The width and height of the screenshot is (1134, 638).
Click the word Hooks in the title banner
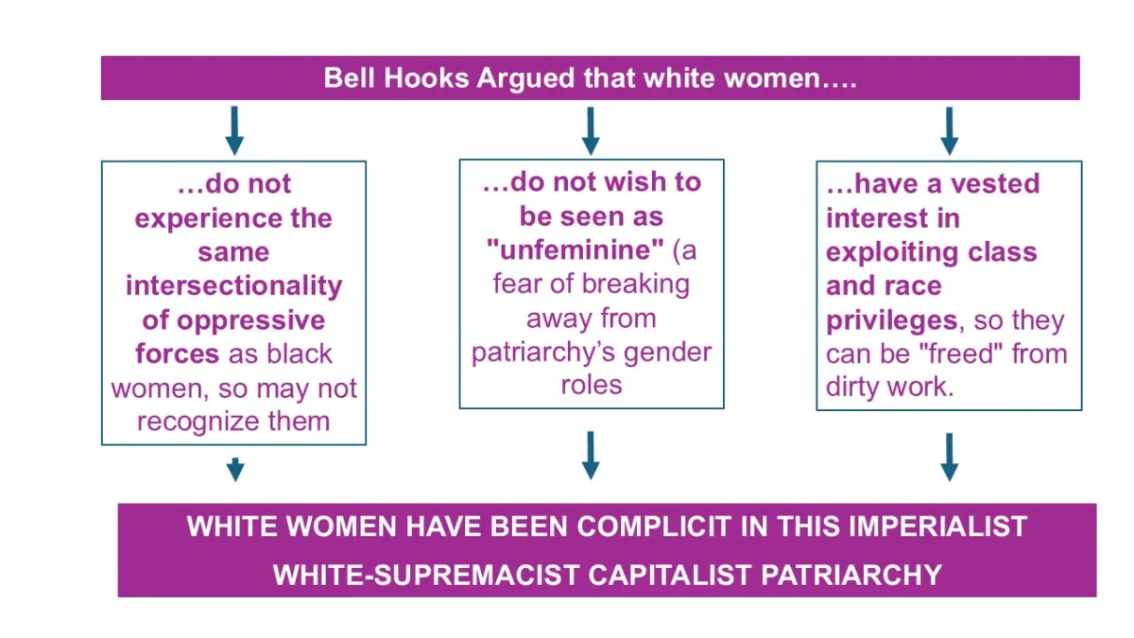(426, 78)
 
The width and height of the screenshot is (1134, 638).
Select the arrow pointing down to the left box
(234, 130)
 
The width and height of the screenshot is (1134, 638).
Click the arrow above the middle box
(591, 130)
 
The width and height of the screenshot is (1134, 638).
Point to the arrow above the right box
(949, 130)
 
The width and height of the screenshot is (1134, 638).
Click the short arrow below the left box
(235, 470)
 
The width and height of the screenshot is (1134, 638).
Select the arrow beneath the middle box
(591, 456)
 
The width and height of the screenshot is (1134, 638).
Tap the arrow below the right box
(949, 457)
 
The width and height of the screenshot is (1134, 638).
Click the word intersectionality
(234, 286)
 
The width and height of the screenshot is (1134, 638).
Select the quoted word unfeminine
(576, 250)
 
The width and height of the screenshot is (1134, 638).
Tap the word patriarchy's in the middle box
(543, 353)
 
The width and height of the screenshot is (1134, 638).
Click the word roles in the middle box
(592, 386)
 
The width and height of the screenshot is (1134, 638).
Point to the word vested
(995, 183)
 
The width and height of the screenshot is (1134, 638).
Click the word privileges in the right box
(891, 321)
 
